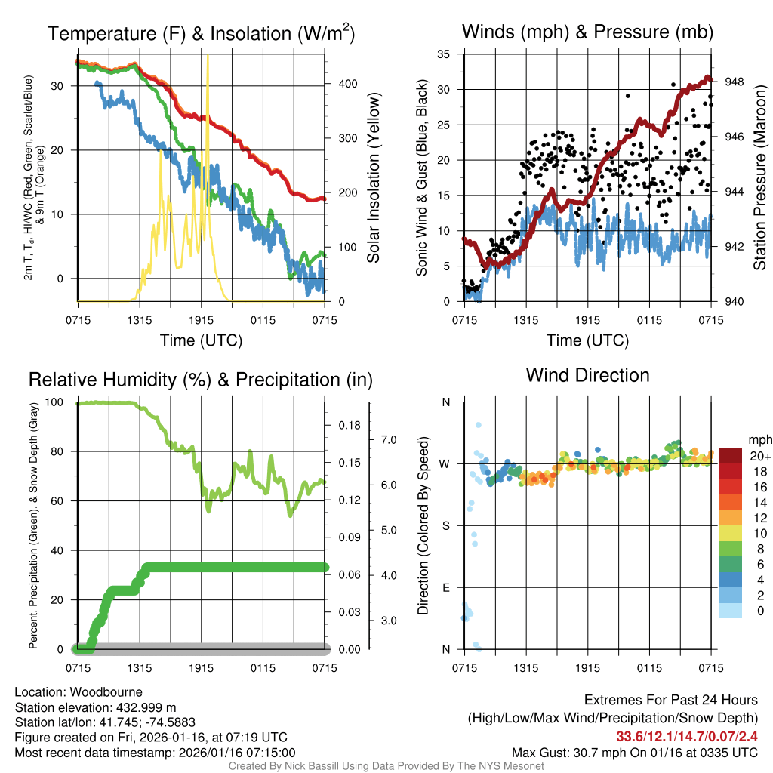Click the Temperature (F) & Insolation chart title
[201, 33]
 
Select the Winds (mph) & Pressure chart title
[587, 32]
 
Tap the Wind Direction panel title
[587, 375]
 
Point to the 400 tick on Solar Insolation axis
[340, 84]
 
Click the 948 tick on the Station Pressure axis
[734, 82]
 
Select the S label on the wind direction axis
[445, 525]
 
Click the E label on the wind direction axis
[445, 587]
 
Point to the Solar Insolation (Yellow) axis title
[373, 178]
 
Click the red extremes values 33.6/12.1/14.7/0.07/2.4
[687, 737]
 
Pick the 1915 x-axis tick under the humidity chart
[202, 668]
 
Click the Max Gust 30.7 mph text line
[634, 753]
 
